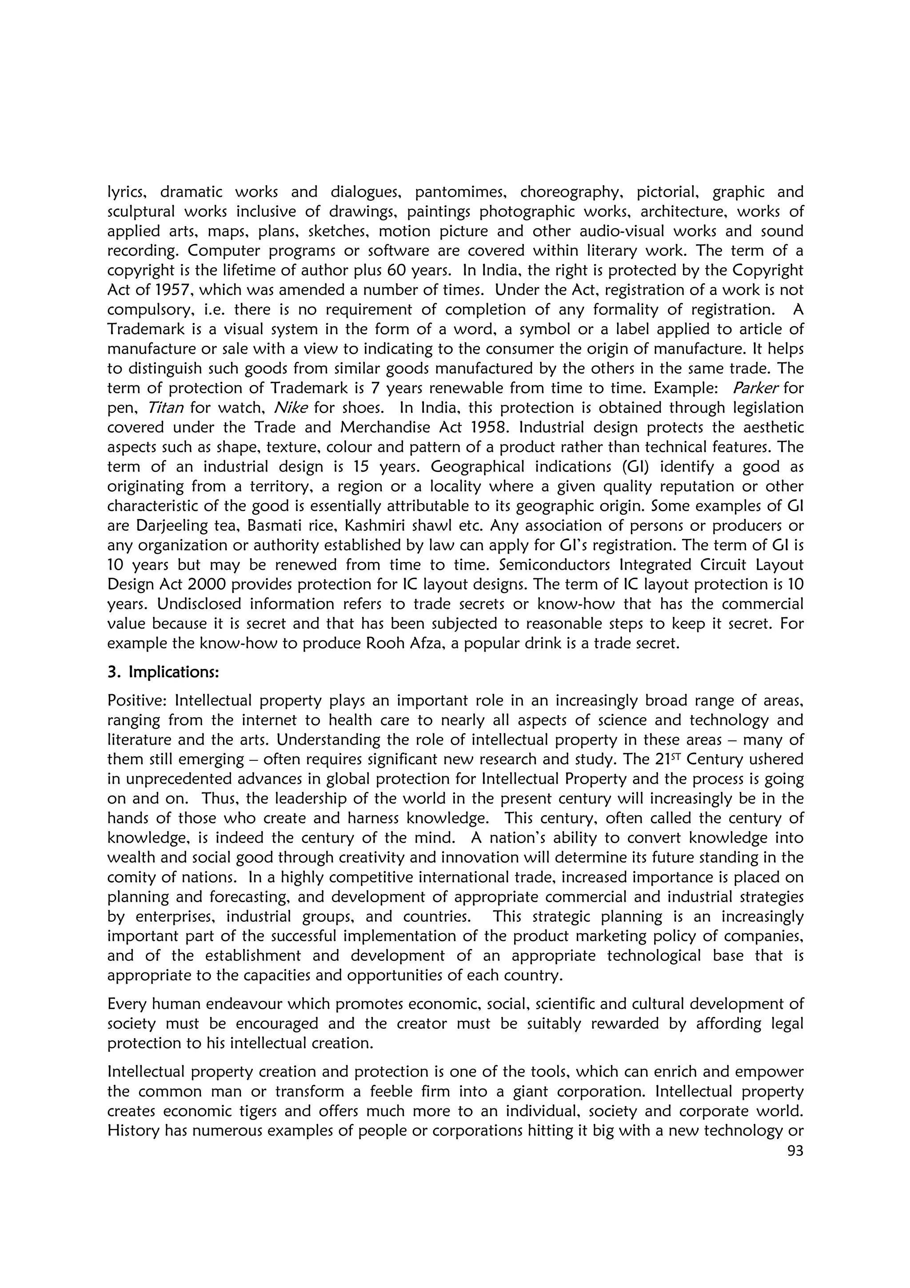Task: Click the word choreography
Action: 572,192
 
